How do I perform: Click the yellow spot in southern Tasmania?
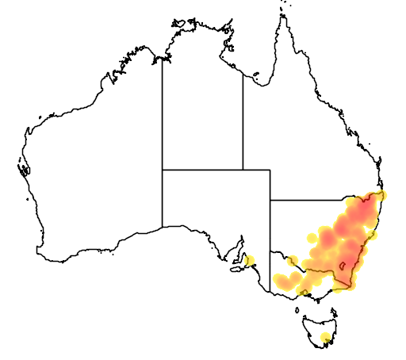[325, 339]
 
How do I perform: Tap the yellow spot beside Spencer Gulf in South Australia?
[250, 260]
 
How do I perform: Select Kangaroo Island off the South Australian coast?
[236, 269]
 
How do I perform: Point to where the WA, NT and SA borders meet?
[163, 170]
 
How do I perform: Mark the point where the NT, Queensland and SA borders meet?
[243, 170]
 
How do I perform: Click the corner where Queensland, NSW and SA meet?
[270, 200]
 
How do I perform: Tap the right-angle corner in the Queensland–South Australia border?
[270, 170]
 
